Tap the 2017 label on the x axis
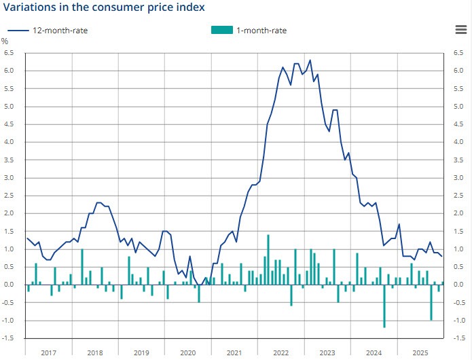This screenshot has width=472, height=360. [48, 353]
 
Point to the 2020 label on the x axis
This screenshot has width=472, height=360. [188, 353]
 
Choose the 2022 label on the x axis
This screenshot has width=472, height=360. [281, 353]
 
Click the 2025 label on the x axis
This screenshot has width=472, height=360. [420, 353]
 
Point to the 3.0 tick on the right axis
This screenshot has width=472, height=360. [458, 177]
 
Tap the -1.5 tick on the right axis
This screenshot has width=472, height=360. [457, 338]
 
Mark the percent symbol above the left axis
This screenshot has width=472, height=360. [5, 41]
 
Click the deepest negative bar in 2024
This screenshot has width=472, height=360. [384, 306]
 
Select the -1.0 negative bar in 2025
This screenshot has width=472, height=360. [431, 302]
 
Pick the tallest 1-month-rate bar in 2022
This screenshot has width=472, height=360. [268, 259]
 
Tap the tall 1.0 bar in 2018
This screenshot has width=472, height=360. [82, 267]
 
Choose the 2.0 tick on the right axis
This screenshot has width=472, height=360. [458, 213]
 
